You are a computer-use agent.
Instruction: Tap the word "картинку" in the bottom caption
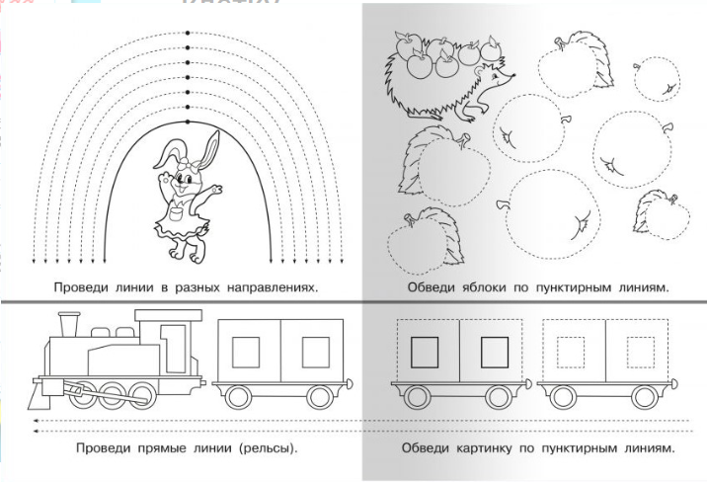(x=482, y=448)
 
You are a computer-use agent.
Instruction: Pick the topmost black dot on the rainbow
(x=187, y=33)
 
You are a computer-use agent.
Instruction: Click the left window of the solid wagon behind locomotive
(x=246, y=351)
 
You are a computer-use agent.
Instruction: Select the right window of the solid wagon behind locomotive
(x=315, y=351)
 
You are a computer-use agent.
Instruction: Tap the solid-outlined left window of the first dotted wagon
(x=424, y=352)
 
